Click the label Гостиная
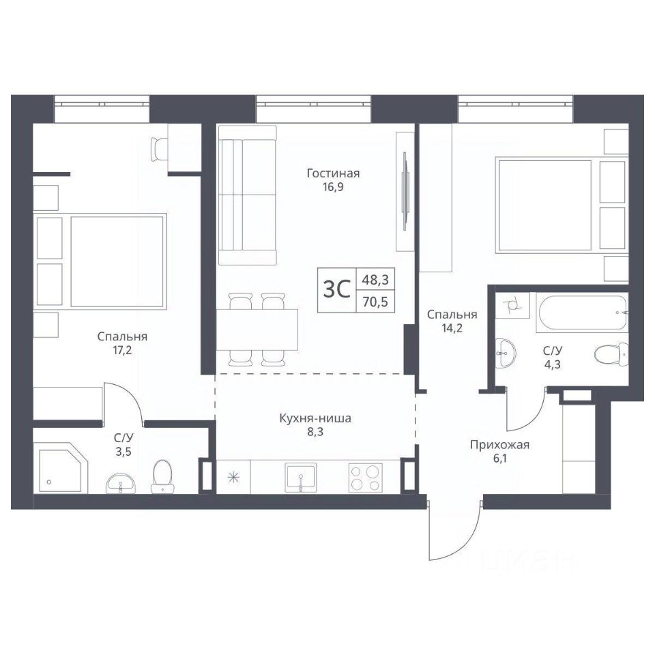333,173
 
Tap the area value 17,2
121,350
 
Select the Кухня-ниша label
315,418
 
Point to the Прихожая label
499,445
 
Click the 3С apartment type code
336,289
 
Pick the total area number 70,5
375,301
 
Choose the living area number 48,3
375,280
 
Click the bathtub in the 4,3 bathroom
583,313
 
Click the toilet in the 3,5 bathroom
162,476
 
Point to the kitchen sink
301,478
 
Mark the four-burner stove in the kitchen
365,478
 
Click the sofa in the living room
247,196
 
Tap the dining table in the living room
257,330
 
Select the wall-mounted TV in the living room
405,190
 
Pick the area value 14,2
452,328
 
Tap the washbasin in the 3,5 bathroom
120,484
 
